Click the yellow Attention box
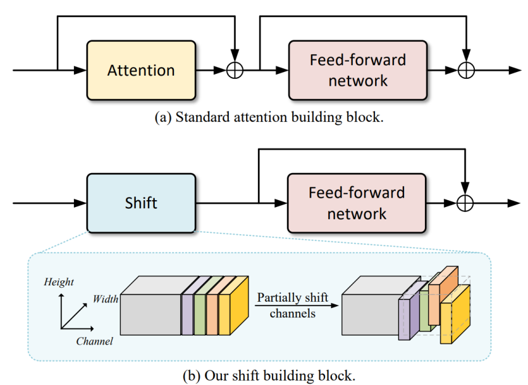[141, 70]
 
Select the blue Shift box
[141, 203]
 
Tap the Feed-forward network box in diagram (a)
[358, 70]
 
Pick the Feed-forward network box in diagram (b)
[357, 203]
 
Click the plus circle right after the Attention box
[235, 70]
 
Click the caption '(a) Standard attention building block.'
[268, 118]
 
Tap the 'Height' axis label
[59, 282]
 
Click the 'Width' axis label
[105, 299]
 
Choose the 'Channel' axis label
[94, 341]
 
